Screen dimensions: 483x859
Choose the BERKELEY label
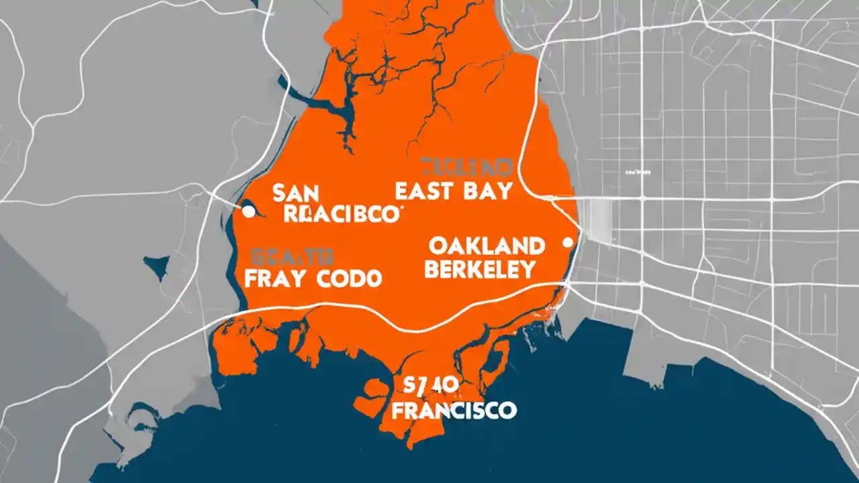481,270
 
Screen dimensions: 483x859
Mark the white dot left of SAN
248,212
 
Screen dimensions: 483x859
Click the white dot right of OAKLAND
568,242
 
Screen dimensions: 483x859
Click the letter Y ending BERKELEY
528,270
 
